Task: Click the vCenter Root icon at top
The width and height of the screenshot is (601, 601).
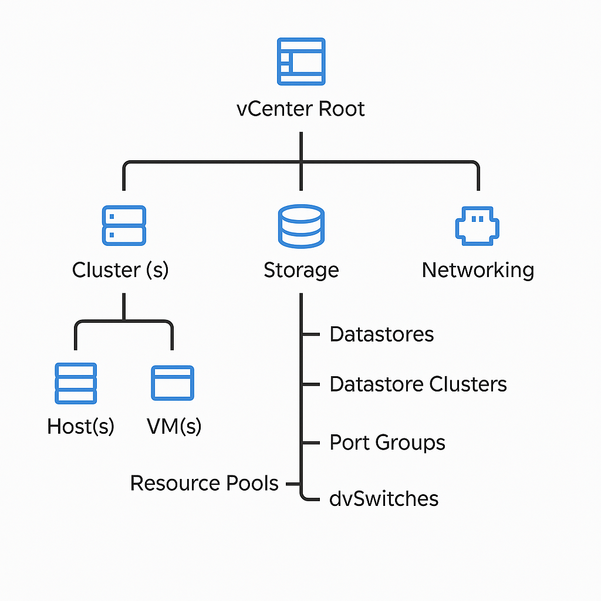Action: coord(301,61)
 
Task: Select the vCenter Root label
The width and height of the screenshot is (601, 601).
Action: coord(300,109)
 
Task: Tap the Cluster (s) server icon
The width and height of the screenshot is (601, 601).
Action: coord(124,225)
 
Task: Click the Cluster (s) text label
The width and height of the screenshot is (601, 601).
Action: coord(120,271)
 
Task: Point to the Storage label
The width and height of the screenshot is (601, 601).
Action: coord(301,271)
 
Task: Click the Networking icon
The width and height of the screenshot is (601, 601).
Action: coord(478,225)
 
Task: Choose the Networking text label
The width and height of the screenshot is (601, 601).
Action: coord(478,271)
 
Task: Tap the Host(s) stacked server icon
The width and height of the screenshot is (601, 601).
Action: coord(76,383)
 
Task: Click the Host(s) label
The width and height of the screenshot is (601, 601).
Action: coord(80,427)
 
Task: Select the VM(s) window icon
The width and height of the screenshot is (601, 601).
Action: coord(173,383)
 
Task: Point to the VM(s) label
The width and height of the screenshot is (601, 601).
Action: coord(174,427)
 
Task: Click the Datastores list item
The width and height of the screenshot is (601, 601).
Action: coord(381,334)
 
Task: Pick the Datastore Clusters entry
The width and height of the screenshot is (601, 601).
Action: coord(418,384)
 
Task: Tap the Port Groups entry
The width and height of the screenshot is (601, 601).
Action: coord(387,442)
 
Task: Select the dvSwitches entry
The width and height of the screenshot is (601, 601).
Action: coord(384,498)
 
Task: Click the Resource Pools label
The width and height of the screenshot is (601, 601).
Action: coord(204,484)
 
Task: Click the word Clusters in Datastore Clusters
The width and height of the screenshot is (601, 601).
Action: coord(468,384)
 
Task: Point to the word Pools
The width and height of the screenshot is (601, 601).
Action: coord(253,484)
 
